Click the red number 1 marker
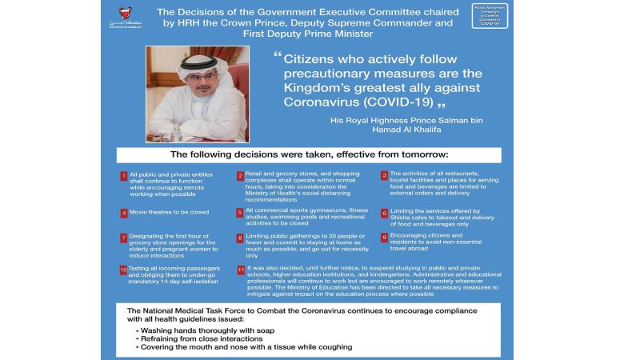[124, 176]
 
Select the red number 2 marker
[240, 176]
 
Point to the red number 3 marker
[384, 176]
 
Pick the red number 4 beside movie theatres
[124, 214]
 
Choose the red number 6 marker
[384, 214]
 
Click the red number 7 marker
[124, 238]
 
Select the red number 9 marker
[384, 238]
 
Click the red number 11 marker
[240, 270]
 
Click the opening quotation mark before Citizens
[278, 58]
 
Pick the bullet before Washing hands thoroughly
[137, 329]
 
